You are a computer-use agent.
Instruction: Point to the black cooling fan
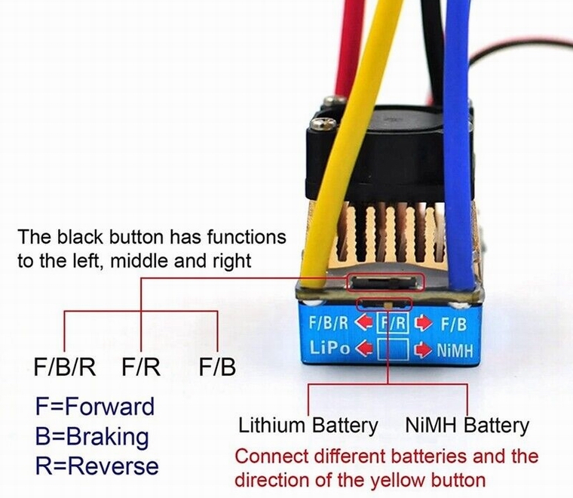point(389,154)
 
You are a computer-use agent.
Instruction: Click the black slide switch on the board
point(385,282)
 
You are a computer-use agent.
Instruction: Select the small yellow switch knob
point(388,303)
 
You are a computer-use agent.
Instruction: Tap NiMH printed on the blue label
point(455,350)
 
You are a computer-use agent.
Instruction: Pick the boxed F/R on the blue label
point(393,324)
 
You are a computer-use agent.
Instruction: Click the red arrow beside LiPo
point(363,348)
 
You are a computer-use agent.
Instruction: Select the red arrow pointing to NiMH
point(423,349)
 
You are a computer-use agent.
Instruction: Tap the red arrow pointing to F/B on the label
point(424,324)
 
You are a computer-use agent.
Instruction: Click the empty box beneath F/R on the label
point(393,349)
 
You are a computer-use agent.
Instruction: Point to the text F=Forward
point(95,406)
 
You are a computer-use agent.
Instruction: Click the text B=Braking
point(92,437)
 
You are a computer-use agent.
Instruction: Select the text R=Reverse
point(97,466)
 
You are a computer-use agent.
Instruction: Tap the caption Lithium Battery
point(308,426)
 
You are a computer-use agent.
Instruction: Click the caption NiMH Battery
point(467,426)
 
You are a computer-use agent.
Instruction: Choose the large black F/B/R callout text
point(65,367)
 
